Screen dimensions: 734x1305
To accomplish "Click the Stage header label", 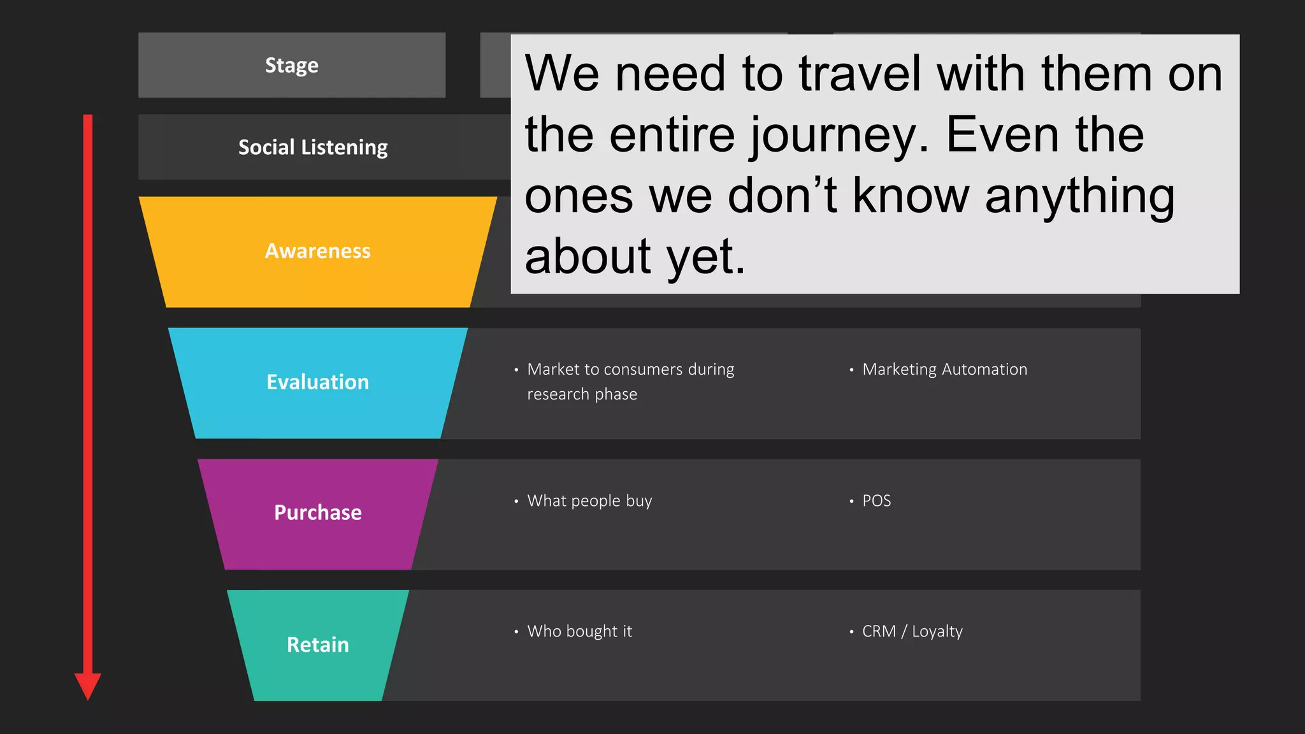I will tap(292, 66).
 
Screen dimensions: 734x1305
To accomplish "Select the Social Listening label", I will tap(313, 147).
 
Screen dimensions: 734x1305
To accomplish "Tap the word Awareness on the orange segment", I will tap(317, 251).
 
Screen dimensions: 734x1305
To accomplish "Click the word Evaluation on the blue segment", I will tap(317, 382).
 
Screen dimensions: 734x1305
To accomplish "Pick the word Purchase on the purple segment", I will tap(317, 513).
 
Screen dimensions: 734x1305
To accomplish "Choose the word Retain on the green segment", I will tap(317, 645).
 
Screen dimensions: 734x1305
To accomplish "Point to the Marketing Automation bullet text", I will tap(944, 370).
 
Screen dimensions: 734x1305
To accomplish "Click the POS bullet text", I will tap(876, 501).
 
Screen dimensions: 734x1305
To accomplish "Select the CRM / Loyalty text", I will tap(912, 631).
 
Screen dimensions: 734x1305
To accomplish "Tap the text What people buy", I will tap(589, 501).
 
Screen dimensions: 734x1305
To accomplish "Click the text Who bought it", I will tap(579, 631).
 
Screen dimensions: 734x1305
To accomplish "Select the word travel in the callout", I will tap(860, 74).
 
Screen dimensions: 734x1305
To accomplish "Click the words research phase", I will tap(582, 394).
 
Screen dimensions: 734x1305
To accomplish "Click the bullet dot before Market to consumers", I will tap(516, 370).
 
